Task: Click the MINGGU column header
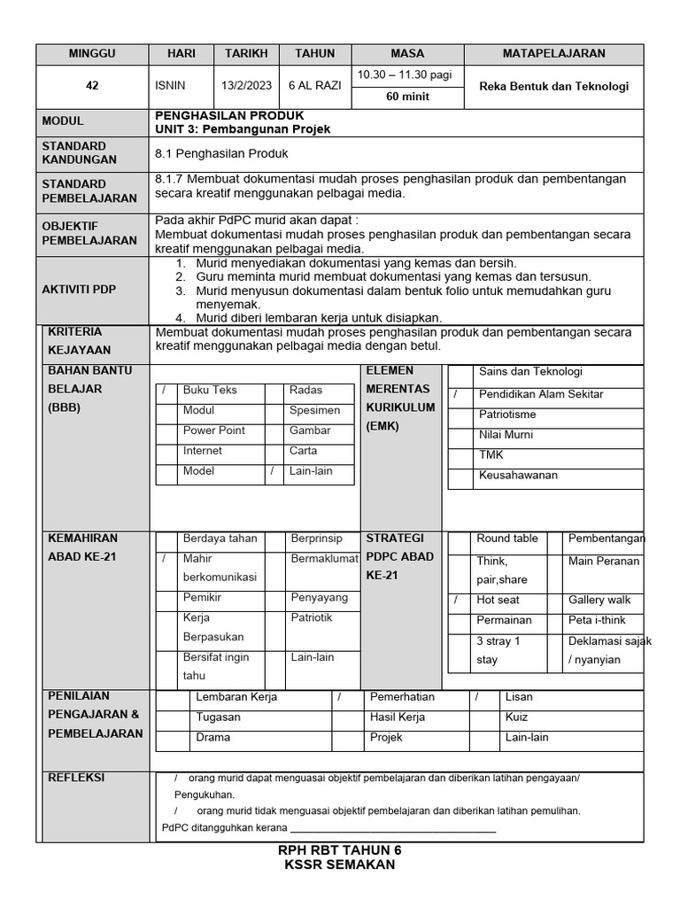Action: [x=92, y=54]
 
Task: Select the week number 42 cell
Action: [x=92, y=87]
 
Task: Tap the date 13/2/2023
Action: [x=247, y=87]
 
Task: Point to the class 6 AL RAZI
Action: [x=315, y=87]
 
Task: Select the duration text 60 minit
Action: [x=407, y=97]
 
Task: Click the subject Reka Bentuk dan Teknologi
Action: [x=553, y=87]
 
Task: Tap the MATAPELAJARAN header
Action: [x=553, y=54]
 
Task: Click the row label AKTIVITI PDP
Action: [x=79, y=291]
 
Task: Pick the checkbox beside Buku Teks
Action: [x=166, y=391]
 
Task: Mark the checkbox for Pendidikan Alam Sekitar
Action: [x=458, y=394]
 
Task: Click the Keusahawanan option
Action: [x=518, y=476]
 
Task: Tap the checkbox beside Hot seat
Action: [x=458, y=601]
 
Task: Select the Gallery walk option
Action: [x=599, y=601]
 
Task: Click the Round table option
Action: [x=506, y=539]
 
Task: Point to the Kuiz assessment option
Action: [x=517, y=717]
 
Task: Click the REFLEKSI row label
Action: [x=75, y=778]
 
